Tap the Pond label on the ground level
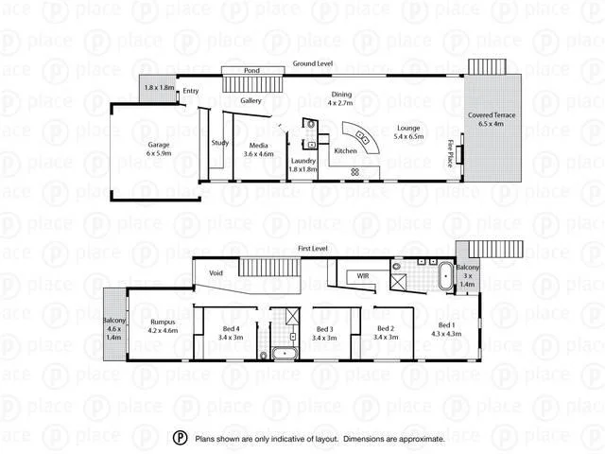pyautogui.click(x=251, y=71)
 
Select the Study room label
pyautogui.click(x=220, y=143)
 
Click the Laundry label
pyautogui.click(x=303, y=162)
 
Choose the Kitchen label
pyautogui.click(x=346, y=151)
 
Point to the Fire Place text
pyautogui.click(x=450, y=153)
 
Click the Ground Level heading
pyautogui.click(x=312, y=63)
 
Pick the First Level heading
pyautogui.click(x=312, y=248)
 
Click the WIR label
pyautogui.click(x=362, y=276)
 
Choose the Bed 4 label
pyautogui.click(x=231, y=331)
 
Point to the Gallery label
pyautogui.click(x=251, y=100)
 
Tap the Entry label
pyautogui.click(x=191, y=91)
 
